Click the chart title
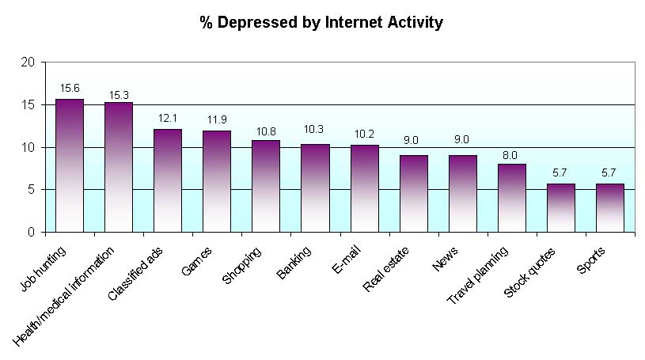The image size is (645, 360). pyautogui.click(x=321, y=22)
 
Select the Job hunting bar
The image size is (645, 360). pyautogui.click(x=70, y=165)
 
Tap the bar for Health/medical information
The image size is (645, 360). pyautogui.click(x=119, y=167)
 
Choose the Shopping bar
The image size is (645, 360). pyautogui.click(x=266, y=186)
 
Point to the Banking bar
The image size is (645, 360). pyautogui.click(x=315, y=188)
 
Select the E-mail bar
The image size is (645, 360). pyautogui.click(x=364, y=188)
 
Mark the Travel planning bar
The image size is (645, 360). pyautogui.click(x=512, y=198)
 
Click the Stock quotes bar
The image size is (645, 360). pyautogui.click(x=561, y=207)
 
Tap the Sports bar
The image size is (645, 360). pyautogui.click(x=610, y=207)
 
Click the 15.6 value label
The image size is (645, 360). pyautogui.click(x=70, y=89)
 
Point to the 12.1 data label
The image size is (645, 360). pyautogui.click(x=168, y=119)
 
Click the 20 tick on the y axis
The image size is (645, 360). pyautogui.click(x=28, y=62)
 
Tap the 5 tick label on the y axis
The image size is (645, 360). pyautogui.click(x=32, y=190)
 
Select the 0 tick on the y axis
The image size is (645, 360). pyautogui.click(x=32, y=233)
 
